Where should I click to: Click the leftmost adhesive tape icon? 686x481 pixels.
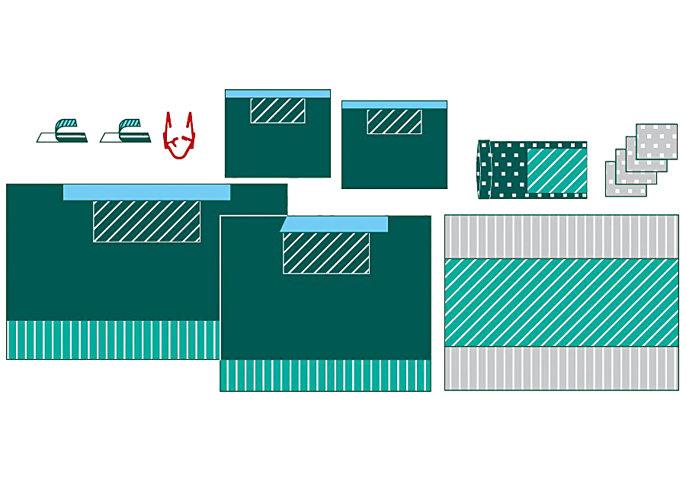[x=63, y=131]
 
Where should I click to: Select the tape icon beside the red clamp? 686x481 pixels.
[x=127, y=131]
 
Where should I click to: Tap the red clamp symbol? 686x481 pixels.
[x=179, y=137]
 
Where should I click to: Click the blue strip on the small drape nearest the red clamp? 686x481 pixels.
[x=277, y=94]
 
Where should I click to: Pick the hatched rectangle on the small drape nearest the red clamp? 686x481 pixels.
[x=277, y=111]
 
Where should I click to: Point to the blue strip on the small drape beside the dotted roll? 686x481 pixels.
[x=394, y=104]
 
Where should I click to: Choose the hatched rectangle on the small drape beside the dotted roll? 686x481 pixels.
[x=394, y=122]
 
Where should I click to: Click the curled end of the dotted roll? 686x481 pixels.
[x=483, y=169]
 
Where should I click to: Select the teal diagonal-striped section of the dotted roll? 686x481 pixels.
[x=556, y=170]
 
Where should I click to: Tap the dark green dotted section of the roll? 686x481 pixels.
[x=509, y=170]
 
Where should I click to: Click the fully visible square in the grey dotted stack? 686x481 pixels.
[x=657, y=140]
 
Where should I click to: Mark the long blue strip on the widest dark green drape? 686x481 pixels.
[x=146, y=192]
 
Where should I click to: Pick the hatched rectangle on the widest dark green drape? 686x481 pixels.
[x=146, y=222]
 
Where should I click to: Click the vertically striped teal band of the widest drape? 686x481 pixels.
[x=113, y=340]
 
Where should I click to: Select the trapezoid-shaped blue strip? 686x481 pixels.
[x=335, y=224]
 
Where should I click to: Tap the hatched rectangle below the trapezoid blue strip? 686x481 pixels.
[x=326, y=253]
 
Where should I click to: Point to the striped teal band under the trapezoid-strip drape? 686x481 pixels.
[x=325, y=375]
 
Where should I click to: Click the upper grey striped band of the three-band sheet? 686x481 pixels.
[x=561, y=236]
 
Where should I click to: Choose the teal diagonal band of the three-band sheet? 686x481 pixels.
[x=561, y=303]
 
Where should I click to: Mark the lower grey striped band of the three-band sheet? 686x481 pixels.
[x=561, y=368]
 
